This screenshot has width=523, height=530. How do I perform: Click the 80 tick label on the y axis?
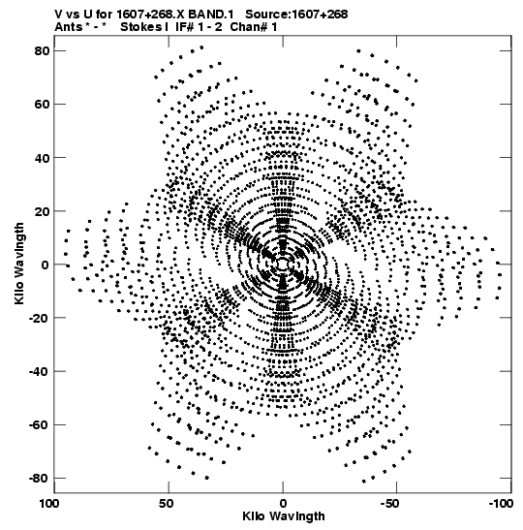(42, 50)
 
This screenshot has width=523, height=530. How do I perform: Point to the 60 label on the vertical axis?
(42, 104)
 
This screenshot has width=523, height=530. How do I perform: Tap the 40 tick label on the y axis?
(42, 158)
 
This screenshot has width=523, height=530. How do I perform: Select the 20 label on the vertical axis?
(42, 211)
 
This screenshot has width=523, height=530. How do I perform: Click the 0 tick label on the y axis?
(46, 265)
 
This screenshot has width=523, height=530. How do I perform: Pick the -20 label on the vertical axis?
(39, 318)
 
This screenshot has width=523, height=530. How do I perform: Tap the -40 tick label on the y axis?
(39, 371)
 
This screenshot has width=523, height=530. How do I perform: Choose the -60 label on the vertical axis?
(39, 424)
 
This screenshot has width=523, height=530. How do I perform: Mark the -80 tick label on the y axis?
(39, 478)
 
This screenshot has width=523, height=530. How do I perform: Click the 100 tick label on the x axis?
(50, 504)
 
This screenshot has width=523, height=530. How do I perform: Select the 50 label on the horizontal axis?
(167, 504)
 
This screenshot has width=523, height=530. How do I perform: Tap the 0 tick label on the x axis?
(283, 504)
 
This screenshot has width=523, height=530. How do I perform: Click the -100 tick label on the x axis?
(501, 504)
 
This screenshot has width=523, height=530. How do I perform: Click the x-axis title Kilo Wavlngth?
(284, 516)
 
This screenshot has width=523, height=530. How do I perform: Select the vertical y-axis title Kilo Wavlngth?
(19, 264)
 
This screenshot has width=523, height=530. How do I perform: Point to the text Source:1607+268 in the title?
(296, 15)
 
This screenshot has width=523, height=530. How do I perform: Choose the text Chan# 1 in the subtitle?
(254, 27)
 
